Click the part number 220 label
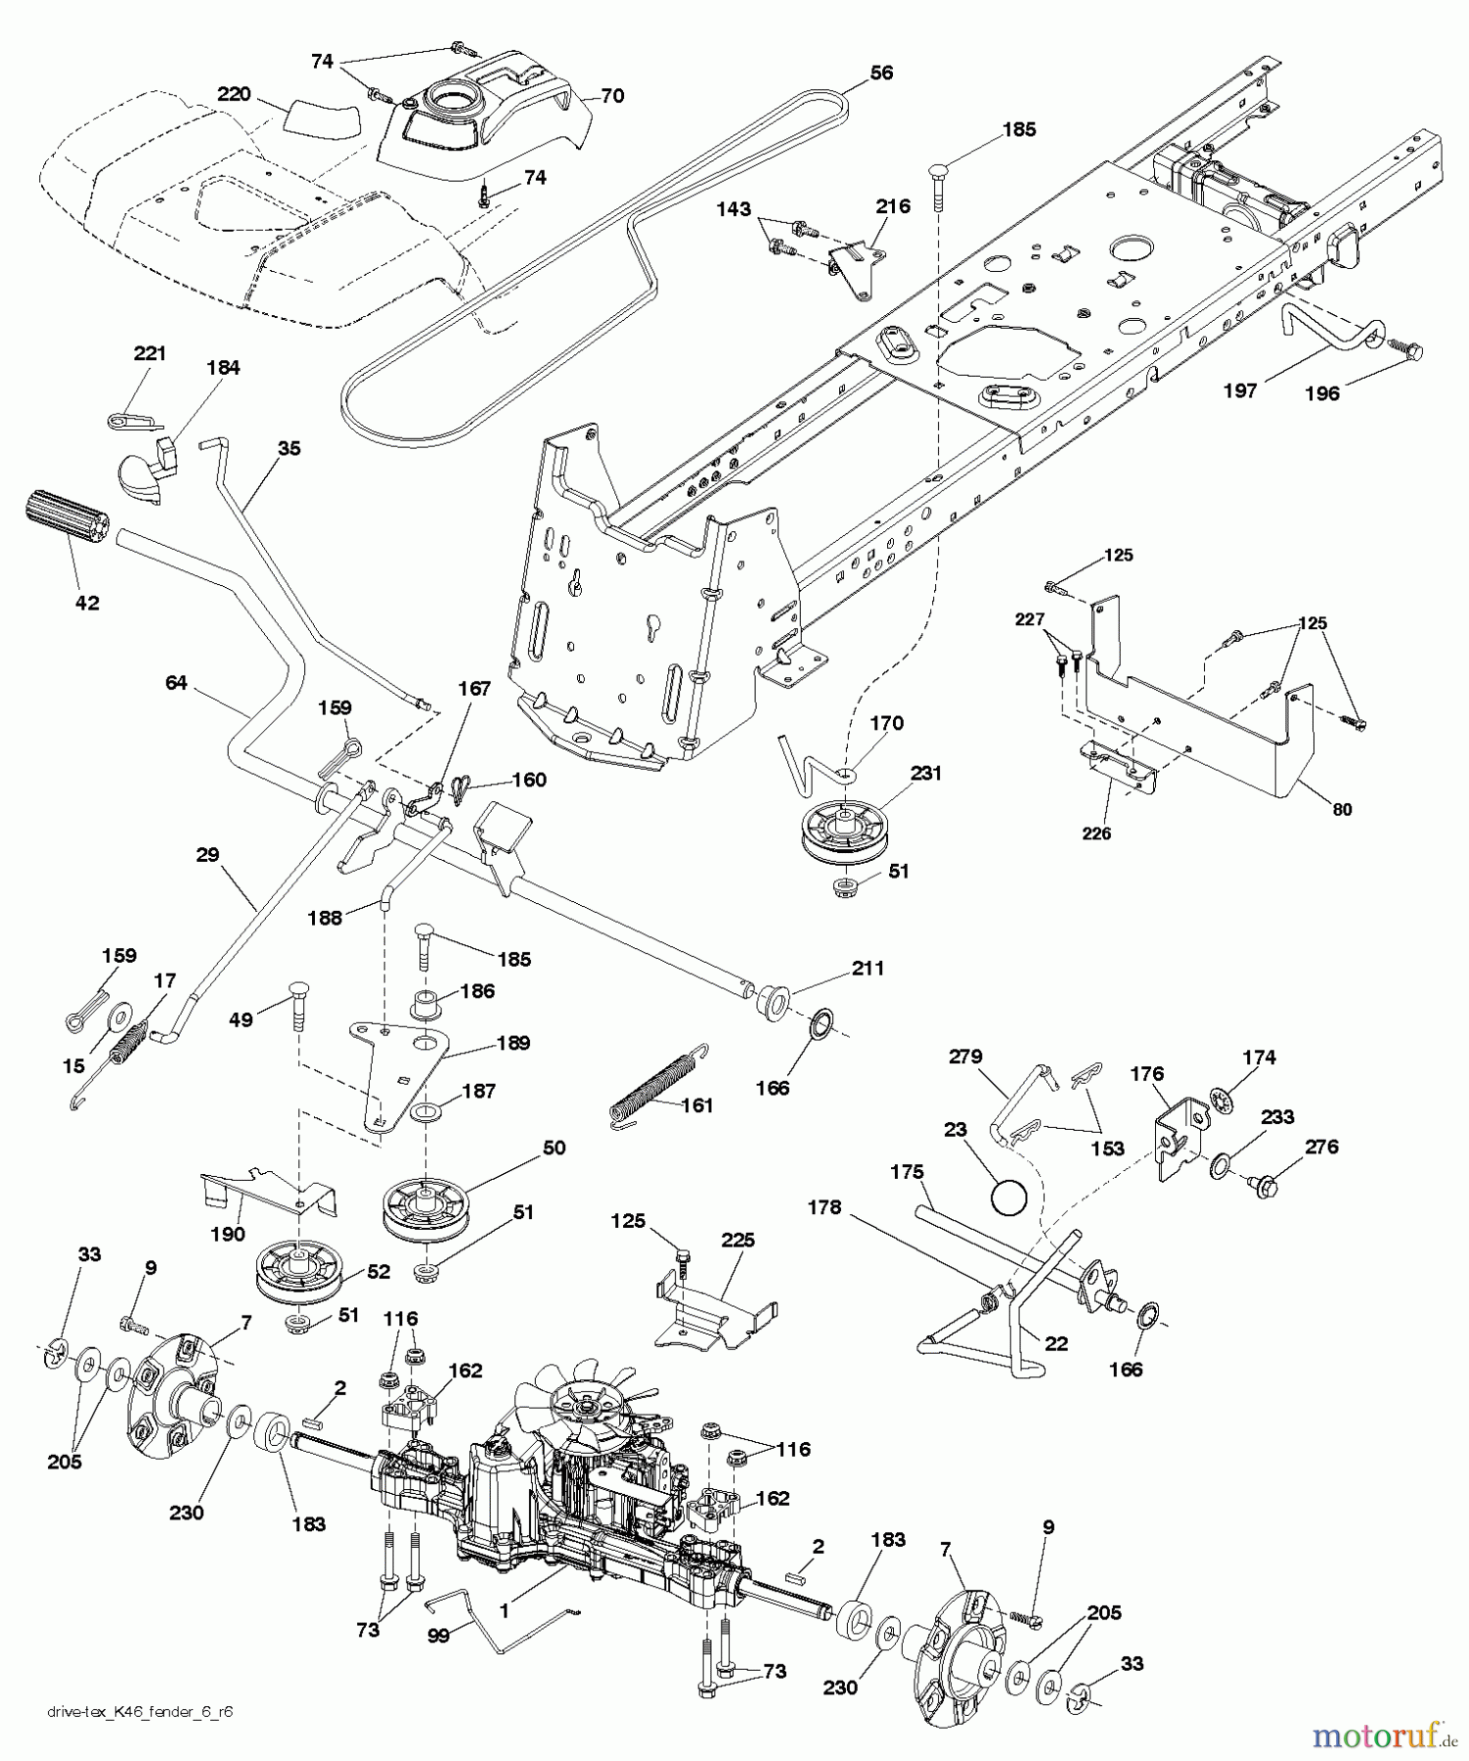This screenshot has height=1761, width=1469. click(x=234, y=95)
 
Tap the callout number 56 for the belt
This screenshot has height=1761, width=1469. click(x=881, y=72)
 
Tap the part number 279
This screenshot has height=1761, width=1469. click(x=964, y=1057)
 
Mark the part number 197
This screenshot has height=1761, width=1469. click(x=1239, y=391)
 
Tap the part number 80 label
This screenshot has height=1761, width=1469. click(x=1342, y=809)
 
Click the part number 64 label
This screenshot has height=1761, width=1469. click(x=175, y=683)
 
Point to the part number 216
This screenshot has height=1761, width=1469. click(x=893, y=205)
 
